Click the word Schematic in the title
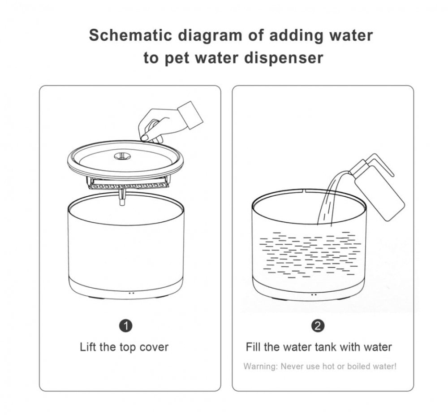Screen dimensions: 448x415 point(130,35)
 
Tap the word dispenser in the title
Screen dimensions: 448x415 point(284,57)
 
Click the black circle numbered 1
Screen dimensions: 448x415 point(125,326)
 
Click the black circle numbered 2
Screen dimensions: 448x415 point(318,326)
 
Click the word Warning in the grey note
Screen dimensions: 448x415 point(260,366)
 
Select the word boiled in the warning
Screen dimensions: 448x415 point(358,366)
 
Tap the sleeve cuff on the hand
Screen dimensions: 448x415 point(190,115)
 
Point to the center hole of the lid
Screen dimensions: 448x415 point(122,156)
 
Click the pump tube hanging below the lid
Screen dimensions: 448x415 point(122,197)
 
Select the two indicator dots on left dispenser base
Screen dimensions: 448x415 point(131,293)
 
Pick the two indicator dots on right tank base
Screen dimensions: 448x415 point(314,294)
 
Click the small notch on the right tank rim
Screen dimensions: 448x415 point(304,190)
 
